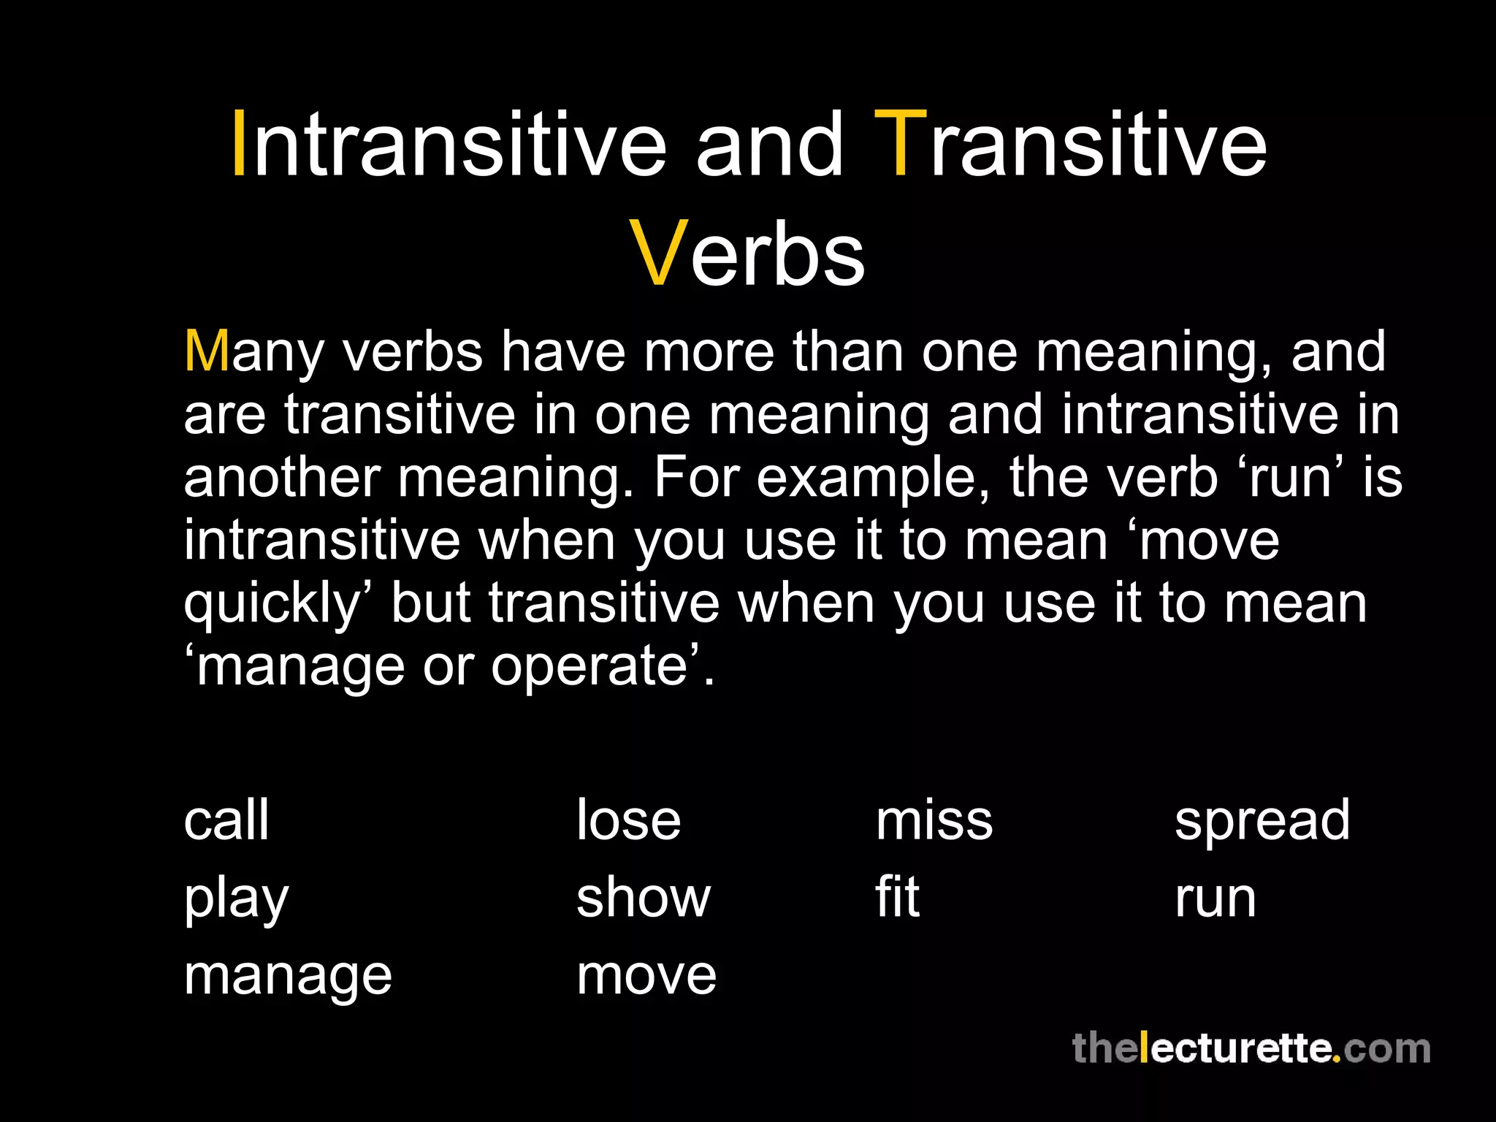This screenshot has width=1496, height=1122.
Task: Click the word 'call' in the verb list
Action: coord(226,820)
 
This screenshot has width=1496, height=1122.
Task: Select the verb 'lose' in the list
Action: coord(628,820)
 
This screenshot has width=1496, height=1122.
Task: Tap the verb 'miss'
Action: coord(934,820)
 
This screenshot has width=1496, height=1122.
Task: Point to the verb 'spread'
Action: coord(1262,822)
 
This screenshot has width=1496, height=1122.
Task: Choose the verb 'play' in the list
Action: coord(236,900)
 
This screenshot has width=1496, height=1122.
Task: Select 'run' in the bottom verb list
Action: coord(1215,900)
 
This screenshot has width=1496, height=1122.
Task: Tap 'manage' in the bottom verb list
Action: coord(288,977)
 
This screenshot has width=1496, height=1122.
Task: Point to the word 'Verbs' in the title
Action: coord(747,253)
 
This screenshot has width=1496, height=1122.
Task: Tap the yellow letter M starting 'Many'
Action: coord(207,351)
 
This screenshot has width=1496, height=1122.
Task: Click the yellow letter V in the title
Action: coord(657,253)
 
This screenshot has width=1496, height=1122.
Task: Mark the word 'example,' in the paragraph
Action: coord(874,478)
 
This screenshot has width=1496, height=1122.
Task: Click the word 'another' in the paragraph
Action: coord(282,478)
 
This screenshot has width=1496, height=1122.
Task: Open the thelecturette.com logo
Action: coord(1251,1049)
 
